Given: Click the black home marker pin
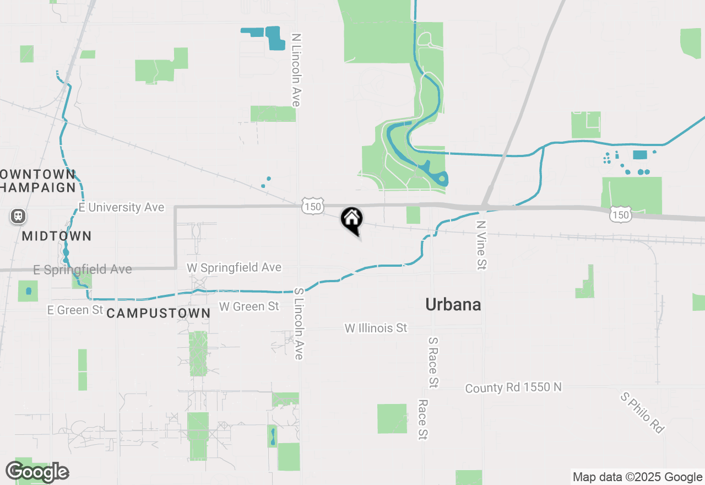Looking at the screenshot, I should coord(352,219).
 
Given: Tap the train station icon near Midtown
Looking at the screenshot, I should coord(18,215).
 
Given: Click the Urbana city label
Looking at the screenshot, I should coord(453,304).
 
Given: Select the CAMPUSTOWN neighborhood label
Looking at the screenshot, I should coord(158,314).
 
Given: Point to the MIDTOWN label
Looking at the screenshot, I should coord(57,236).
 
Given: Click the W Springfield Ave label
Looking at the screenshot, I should coord(234,268).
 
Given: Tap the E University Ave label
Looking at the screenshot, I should coord(121,207).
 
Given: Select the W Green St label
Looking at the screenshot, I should coord(249,306).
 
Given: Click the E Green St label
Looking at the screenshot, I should coord(75,310).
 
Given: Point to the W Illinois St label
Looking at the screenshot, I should coord(376,328).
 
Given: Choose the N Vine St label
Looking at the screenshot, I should coord(481,245).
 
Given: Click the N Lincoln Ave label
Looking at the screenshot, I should coord(296,70).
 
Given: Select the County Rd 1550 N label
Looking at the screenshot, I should coord(513,387).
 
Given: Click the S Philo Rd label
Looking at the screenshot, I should coord(642,412).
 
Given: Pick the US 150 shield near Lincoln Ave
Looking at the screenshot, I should coord(312,206).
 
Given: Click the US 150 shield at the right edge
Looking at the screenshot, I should coord(621,214).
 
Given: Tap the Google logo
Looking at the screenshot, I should coord(37,472).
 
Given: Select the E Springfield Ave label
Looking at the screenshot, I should coord(83,270).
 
